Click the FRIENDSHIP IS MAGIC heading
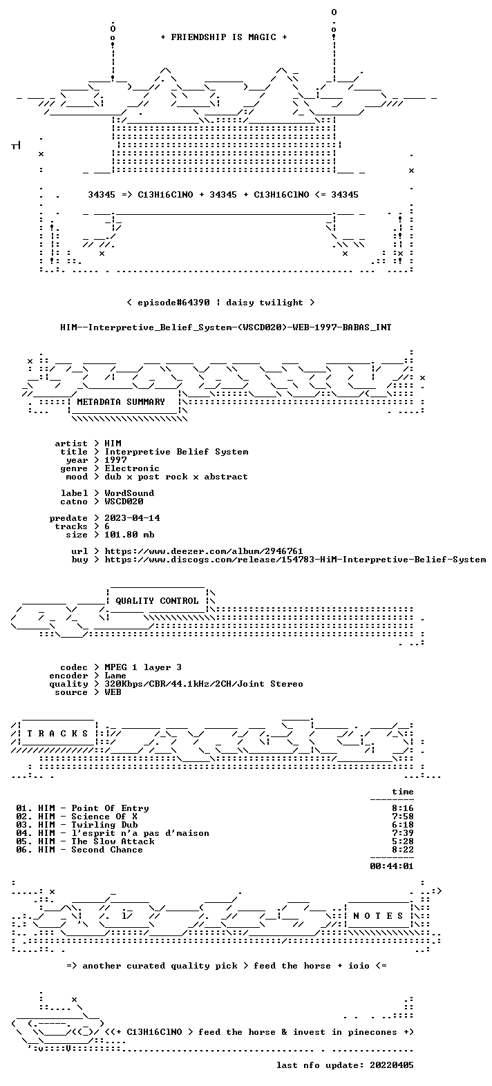(223, 37)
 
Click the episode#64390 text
(173, 303)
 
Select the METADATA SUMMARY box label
(121, 402)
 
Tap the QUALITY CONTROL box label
(157, 601)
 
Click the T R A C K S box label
(57, 734)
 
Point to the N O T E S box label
(378, 916)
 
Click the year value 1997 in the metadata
(116, 460)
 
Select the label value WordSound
(129, 493)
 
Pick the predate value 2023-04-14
(133, 518)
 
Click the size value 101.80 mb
(129, 535)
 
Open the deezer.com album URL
(204, 551)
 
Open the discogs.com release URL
(295, 560)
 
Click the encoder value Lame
(115, 676)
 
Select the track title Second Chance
(107, 850)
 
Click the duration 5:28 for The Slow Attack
(403, 841)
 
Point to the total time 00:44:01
(392, 866)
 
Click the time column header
(403, 792)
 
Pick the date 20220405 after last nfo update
(392, 1065)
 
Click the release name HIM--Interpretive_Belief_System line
(226, 327)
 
